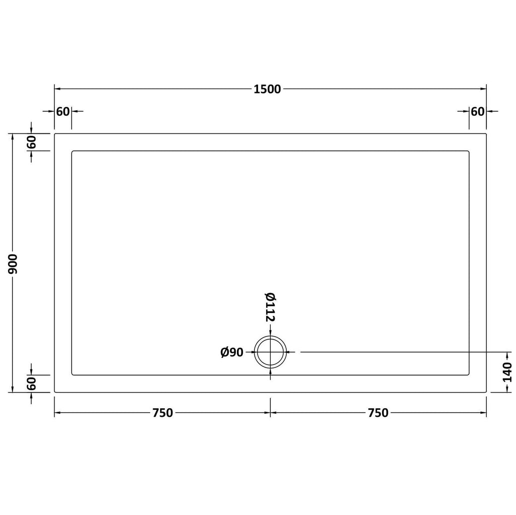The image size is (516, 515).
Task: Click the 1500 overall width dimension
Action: [267, 89]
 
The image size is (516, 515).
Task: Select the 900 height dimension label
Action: [13, 264]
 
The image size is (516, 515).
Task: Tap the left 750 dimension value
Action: [163, 413]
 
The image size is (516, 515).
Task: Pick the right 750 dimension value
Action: [378, 413]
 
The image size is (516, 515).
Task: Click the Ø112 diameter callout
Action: [270, 307]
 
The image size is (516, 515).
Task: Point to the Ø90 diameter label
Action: [232, 352]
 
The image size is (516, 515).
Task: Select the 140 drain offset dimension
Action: [508, 372]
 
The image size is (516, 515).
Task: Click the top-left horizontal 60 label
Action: [63, 112]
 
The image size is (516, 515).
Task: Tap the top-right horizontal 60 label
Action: [478, 112]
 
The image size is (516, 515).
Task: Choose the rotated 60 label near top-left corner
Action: [31, 142]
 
